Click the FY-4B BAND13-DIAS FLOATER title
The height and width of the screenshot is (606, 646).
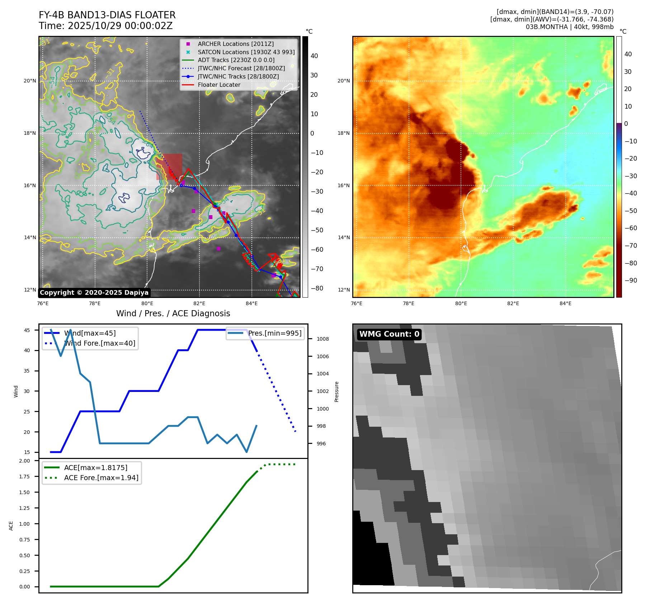point(107,15)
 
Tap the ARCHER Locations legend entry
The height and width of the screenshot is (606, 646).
point(235,44)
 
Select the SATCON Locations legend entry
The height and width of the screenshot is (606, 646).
point(246,52)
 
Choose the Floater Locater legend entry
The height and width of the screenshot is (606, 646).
point(219,85)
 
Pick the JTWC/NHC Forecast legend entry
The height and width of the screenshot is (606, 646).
point(241,68)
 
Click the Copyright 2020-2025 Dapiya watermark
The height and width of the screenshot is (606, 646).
point(94,293)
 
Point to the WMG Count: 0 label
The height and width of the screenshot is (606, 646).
point(389,334)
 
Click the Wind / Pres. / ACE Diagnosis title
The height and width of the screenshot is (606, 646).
point(173,313)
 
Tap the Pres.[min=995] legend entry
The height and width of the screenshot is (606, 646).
point(275,333)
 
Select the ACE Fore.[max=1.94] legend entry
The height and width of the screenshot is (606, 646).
point(101,478)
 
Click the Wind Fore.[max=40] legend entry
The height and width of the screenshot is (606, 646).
point(99,343)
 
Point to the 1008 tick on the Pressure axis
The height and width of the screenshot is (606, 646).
point(322,339)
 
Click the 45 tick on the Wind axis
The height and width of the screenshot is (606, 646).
point(27,330)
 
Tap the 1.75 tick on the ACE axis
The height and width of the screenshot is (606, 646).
point(25,477)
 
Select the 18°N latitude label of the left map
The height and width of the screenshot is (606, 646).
point(30,133)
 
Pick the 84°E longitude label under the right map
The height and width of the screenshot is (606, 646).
point(565,304)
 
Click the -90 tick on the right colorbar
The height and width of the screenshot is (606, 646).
point(631,280)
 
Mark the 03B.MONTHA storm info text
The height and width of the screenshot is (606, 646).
point(569,27)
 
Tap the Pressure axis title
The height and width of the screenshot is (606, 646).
point(336,392)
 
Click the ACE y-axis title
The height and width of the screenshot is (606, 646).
point(11,526)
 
